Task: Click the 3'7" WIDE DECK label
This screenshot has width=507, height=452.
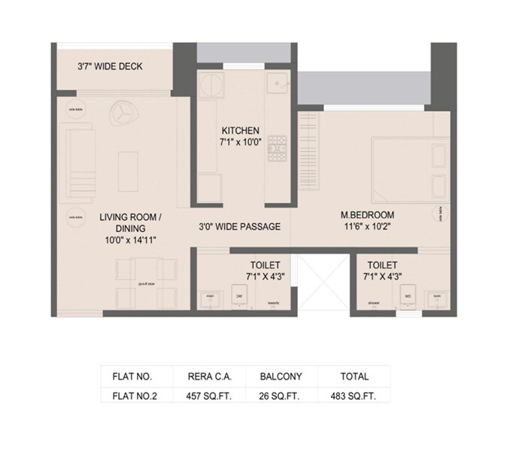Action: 110,66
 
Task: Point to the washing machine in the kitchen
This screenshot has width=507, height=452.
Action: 211,84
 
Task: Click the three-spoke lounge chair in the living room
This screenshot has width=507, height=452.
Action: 122,114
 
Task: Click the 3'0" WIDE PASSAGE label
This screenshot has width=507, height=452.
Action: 239,226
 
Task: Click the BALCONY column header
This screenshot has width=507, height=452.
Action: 280,376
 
